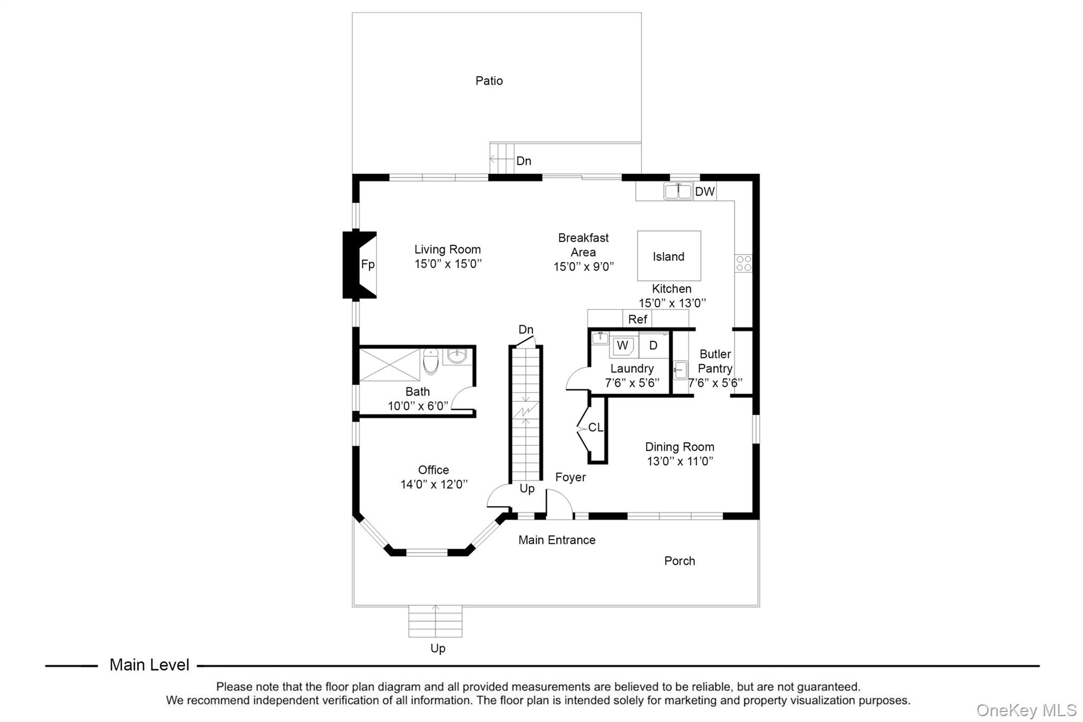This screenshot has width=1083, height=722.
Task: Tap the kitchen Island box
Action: pos(669,256)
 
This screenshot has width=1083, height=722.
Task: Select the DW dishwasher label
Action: pos(704,191)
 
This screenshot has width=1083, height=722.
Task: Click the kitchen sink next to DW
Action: pos(678,191)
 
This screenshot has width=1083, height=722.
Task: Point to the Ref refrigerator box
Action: pos(638,319)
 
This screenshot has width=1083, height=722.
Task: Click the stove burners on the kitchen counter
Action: pos(744,263)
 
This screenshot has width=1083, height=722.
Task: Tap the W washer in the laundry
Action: pos(622,346)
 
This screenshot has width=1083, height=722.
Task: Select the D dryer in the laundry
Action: pos(654,345)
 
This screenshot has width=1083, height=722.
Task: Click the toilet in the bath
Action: pos(431,361)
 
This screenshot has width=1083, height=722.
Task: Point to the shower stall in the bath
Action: pos(390,364)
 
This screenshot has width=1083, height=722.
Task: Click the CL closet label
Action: pos(595,427)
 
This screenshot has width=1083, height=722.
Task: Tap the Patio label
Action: pos(489,81)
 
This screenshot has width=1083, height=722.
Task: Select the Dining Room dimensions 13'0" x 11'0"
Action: pos(680,461)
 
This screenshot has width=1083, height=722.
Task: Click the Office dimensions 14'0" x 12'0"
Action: pos(434,484)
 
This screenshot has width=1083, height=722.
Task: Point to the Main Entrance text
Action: pos(556,540)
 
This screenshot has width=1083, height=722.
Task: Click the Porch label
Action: pos(680,561)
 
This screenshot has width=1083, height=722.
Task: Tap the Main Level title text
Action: pos(149,665)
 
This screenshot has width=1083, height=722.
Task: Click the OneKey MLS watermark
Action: pos(1026,710)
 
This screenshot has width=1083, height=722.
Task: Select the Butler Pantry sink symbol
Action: pos(681,370)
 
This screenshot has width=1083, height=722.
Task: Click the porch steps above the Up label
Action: pos(435,622)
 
